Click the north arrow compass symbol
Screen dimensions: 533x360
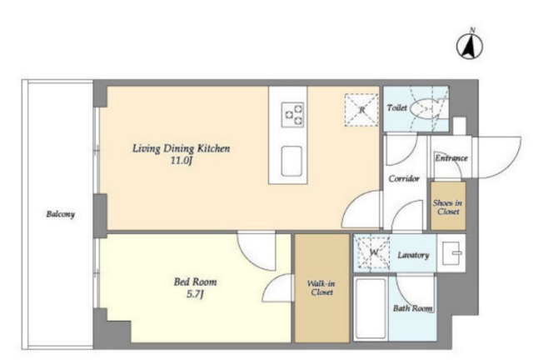tap(469, 45)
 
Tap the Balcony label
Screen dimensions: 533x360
tap(61, 214)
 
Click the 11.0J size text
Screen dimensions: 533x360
tap(181, 160)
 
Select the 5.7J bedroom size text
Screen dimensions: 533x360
tap(195, 293)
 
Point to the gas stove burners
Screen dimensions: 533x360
tap(292, 114)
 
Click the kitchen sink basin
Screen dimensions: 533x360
tap(291, 161)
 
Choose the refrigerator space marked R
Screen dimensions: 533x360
tap(361, 110)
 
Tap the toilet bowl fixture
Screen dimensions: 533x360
tap(424, 109)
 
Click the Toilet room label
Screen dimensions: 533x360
tap(396, 107)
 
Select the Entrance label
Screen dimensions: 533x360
tap(451, 157)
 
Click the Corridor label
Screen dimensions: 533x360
tap(404, 178)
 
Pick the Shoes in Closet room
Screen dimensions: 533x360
tap(448, 206)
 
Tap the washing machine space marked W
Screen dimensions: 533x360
tap(373, 252)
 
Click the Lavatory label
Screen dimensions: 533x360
tap(413, 255)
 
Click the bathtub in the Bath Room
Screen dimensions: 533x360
tap(371, 309)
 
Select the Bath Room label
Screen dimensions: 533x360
tap(413, 308)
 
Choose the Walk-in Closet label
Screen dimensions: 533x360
tap(321, 287)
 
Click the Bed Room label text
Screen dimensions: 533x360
tap(195, 282)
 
